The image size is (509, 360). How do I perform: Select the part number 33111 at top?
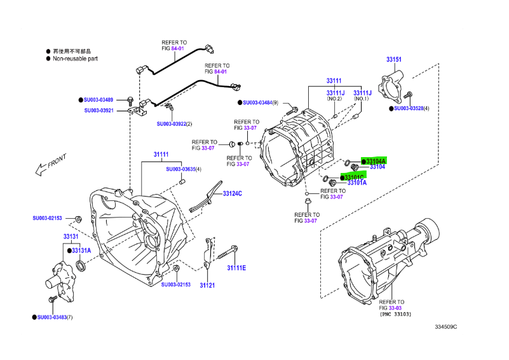(334, 81)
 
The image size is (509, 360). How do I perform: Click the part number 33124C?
(232, 193)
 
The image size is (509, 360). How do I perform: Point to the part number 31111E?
(236, 267)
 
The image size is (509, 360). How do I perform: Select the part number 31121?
(207, 285)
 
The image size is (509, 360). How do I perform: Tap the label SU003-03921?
(98, 110)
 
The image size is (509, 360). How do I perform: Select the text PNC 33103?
(395, 314)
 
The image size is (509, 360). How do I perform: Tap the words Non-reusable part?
(76, 59)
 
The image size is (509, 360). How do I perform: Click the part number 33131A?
(81, 251)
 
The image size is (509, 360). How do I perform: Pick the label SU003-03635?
(181, 169)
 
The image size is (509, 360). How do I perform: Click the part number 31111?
(161, 155)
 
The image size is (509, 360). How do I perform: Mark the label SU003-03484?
(260, 102)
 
